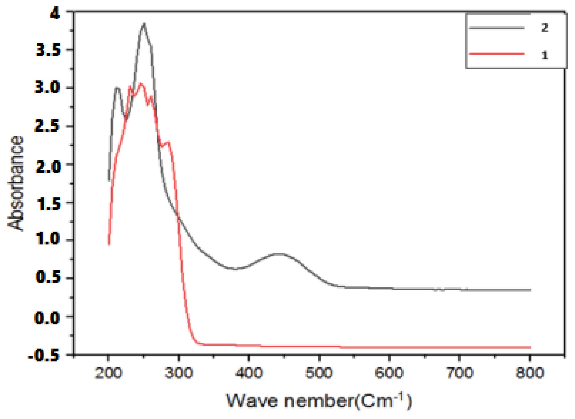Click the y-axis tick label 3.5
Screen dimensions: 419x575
48,50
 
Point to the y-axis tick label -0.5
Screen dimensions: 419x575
44,356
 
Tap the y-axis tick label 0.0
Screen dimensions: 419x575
47,317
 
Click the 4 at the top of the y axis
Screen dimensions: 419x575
55,13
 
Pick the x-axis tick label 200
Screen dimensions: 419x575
108,373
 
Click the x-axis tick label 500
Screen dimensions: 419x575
319,373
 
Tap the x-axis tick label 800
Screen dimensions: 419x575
530,373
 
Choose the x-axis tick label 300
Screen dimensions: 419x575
179,373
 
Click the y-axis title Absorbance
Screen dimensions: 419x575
16,183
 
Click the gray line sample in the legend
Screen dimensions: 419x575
497,28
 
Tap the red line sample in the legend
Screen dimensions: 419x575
497,54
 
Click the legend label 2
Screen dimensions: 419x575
545,28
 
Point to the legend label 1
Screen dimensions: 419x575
545,55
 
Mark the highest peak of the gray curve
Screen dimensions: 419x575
144,24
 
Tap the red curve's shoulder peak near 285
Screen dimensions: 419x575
168,142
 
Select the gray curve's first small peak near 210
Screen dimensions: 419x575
117,88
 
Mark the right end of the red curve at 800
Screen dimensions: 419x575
530,347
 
